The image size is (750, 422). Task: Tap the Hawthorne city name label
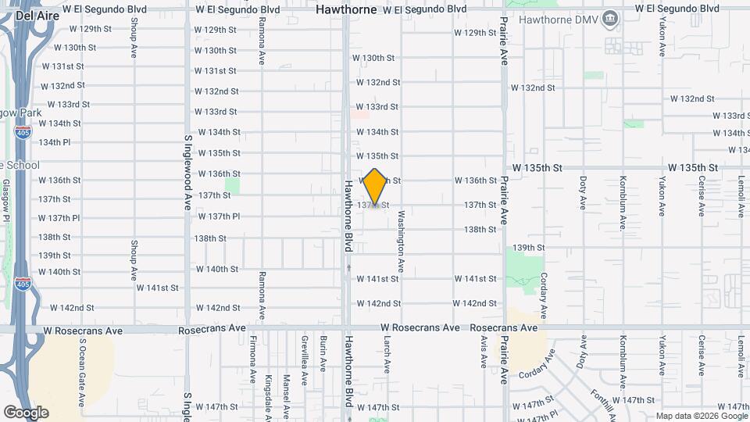click(346, 9)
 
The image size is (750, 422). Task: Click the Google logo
click(26, 413)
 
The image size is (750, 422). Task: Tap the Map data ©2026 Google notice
click(701, 416)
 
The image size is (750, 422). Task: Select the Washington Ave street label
click(401, 241)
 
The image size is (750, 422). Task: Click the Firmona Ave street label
click(253, 360)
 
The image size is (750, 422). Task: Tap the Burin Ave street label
click(322, 353)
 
